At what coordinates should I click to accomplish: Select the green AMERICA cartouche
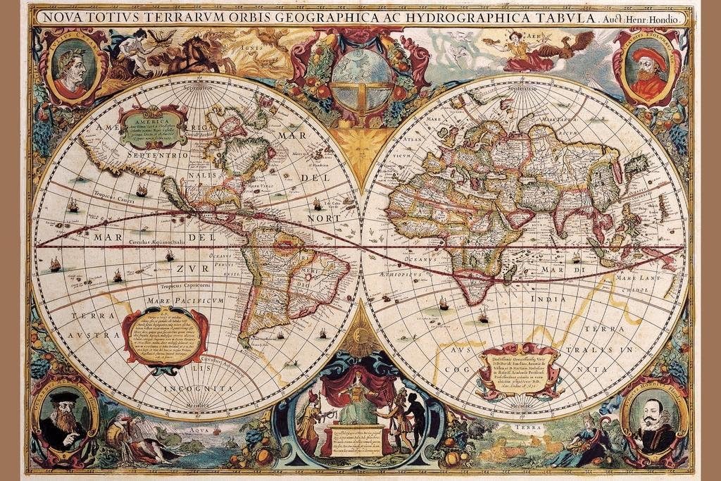coord(151,127)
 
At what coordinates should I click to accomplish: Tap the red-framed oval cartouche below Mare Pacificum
coord(166,337)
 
